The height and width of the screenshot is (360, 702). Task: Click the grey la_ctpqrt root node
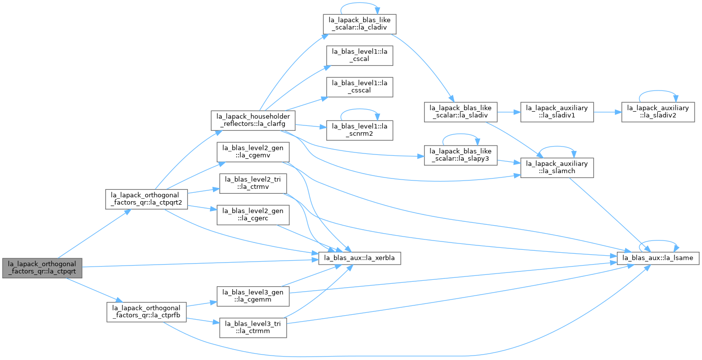(x=42, y=268)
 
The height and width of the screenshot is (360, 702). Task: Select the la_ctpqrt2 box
(x=147, y=199)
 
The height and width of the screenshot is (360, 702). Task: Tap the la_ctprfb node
(x=147, y=312)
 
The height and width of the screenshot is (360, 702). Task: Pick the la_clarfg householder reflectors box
(x=253, y=120)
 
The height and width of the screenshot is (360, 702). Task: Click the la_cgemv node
(x=253, y=152)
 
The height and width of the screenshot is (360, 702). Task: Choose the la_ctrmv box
(x=253, y=183)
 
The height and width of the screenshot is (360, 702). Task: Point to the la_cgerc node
(x=253, y=214)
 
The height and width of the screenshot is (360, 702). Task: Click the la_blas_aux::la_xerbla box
(x=360, y=258)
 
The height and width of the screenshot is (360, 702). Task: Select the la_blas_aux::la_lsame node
(x=658, y=258)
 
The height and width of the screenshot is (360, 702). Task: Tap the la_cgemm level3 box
(x=253, y=296)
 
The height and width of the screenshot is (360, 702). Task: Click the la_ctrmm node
(x=253, y=328)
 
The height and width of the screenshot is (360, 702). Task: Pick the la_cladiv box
(x=360, y=24)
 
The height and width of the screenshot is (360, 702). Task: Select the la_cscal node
(x=360, y=56)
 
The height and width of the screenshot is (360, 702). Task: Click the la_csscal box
(x=360, y=87)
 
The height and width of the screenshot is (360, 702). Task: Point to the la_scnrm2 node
(x=360, y=130)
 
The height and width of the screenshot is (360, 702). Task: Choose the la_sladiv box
(x=460, y=112)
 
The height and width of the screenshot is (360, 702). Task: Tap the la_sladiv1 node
(x=557, y=112)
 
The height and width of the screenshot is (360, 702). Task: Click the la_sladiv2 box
(x=658, y=112)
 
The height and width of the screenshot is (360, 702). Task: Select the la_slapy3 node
(x=460, y=155)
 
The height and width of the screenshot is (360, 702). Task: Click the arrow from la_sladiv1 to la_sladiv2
(x=608, y=112)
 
